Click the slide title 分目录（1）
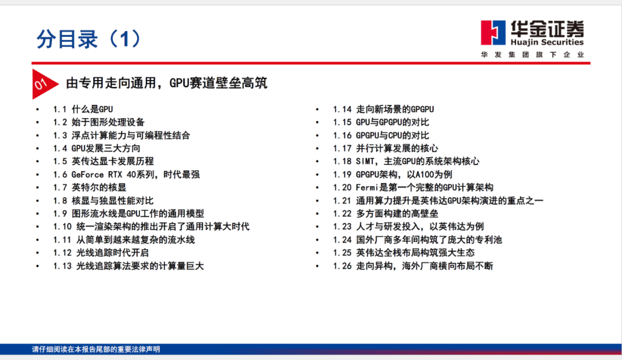pyautogui.click(x=89, y=39)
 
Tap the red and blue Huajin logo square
pyautogui.click(x=493, y=33)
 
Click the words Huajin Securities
pyautogui.click(x=547, y=42)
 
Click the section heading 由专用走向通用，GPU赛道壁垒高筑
pyautogui.click(x=166, y=83)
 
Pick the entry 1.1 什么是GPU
pyautogui.click(x=83, y=109)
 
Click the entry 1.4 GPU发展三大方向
pyautogui.click(x=96, y=149)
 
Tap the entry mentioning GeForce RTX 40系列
pyautogui.click(x=126, y=175)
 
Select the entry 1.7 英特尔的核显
pyautogui.click(x=90, y=187)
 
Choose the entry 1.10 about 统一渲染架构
pyautogui.click(x=151, y=226)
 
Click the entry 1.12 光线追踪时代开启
pyautogui.click(x=101, y=253)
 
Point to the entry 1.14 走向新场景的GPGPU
pyautogui.click(x=383, y=109)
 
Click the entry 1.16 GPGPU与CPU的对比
pyautogui.click(x=381, y=135)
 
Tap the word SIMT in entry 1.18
pyautogui.click(x=365, y=161)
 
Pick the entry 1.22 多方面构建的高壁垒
pyautogui.click(x=385, y=214)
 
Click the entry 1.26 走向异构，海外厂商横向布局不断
pyautogui.click(x=412, y=266)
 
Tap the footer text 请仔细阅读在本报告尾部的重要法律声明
pyautogui.click(x=96, y=349)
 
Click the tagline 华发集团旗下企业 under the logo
pyautogui.click(x=532, y=54)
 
